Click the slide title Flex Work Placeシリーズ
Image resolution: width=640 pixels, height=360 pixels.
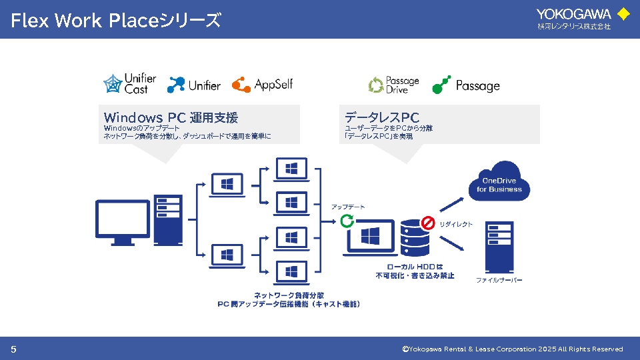coord(115,21)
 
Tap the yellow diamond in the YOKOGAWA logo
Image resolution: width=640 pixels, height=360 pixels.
coord(623,13)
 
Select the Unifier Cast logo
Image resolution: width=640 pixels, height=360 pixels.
coord(130,84)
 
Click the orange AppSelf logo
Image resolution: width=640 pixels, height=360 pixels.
coord(262,85)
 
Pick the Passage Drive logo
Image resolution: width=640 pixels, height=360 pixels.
coord(394,85)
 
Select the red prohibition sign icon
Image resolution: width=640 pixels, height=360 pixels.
coord(427,222)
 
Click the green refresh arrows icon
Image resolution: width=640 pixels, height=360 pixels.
coord(347,221)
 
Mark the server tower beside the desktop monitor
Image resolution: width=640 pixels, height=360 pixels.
coord(167,221)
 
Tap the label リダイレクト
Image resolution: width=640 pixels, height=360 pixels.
coord(456,225)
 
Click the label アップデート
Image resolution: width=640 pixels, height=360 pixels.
coord(348,207)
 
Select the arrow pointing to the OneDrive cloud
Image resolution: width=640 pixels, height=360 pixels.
coord(460,202)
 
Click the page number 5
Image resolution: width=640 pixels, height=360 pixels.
coord(13,349)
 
